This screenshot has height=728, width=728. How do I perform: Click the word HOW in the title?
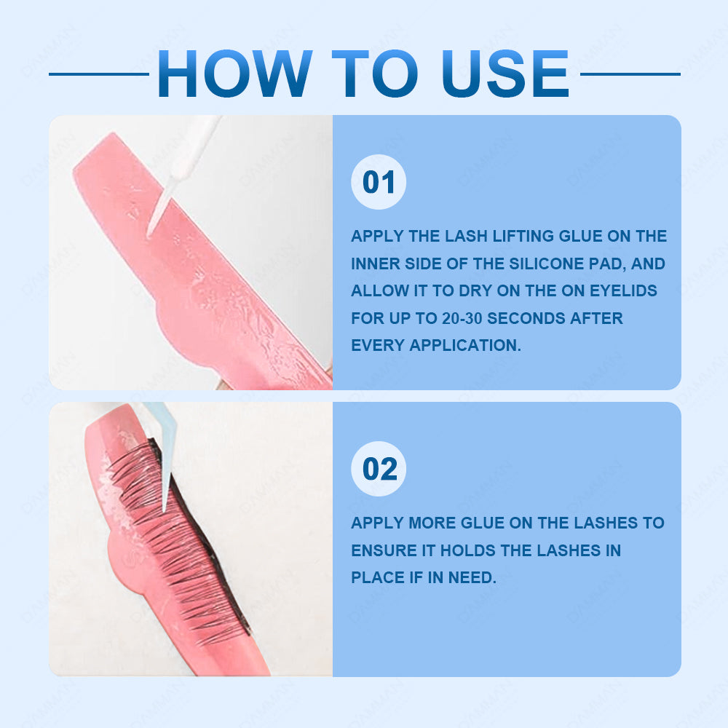point(234,74)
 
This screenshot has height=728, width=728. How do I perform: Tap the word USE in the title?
point(505,74)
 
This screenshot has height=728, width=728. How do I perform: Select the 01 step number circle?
point(379,182)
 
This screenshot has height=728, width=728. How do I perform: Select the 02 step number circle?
point(379,469)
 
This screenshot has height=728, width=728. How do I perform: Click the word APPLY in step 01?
point(377,236)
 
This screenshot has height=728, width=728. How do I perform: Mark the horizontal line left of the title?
point(99,74)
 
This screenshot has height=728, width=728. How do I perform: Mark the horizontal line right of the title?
point(630,74)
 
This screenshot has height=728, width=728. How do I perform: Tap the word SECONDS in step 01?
point(526,318)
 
